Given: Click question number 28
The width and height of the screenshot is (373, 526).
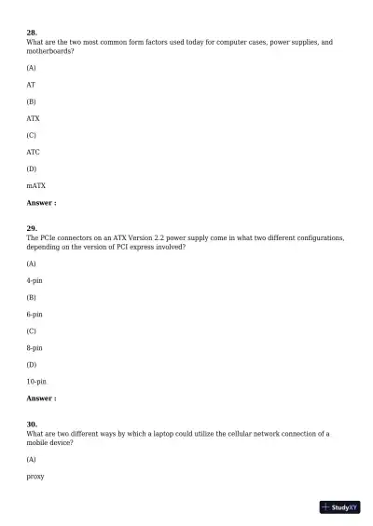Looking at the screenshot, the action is coord(32,33).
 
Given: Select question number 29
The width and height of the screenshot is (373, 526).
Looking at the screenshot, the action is coord(32,228).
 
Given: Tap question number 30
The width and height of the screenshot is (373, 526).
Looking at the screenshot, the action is coord(32,424).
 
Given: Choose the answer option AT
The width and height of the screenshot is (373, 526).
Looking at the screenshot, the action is coord(31,85).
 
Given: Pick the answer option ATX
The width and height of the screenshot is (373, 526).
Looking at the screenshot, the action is coord(33,119).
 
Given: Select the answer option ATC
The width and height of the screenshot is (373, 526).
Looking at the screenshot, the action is coord(33,152).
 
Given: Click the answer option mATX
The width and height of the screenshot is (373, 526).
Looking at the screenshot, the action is coord(35,185).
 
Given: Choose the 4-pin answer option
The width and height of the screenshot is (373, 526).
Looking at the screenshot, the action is coord(35,280).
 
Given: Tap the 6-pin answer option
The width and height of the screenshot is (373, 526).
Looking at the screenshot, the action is coord(35,315).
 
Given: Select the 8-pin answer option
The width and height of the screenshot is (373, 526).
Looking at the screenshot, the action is coord(35,348).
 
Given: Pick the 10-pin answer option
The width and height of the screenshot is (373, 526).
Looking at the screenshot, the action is coord(36,382).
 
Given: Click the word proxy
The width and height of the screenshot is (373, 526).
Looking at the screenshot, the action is coord(35,477).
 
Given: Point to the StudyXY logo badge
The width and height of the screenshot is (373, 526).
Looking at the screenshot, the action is coord(339,507).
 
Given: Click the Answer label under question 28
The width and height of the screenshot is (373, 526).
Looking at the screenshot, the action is coord(41,202).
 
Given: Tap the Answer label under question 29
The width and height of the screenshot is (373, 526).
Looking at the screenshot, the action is coord(41,398).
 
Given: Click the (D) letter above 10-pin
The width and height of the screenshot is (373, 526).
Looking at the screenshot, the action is coord(32,365).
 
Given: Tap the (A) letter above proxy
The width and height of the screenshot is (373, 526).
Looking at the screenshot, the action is coord(32,460).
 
